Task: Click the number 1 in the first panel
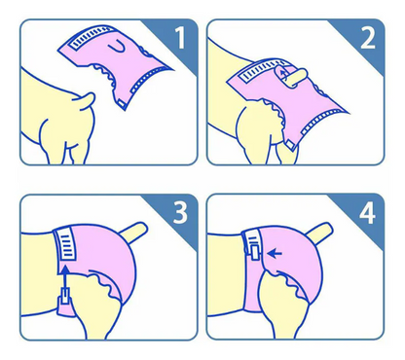pyautogui.click(x=180, y=38)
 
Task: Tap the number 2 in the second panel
pyautogui.click(x=368, y=38)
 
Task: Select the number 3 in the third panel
pyautogui.click(x=180, y=213)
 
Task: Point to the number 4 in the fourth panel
pyautogui.click(x=367, y=213)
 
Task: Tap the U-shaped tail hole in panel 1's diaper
pyautogui.click(x=117, y=47)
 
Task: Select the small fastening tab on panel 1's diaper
pyautogui.click(x=122, y=103)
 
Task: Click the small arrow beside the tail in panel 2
pyautogui.click(x=284, y=74)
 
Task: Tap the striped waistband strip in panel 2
pyautogui.click(x=263, y=70)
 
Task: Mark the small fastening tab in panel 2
pyautogui.click(x=290, y=145)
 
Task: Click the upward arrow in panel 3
pyautogui.click(x=65, y=278)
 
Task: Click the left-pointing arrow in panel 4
pyautogui.click(x=276, y=253)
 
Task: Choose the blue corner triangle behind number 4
pyautogui.click(x=359, y=218)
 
